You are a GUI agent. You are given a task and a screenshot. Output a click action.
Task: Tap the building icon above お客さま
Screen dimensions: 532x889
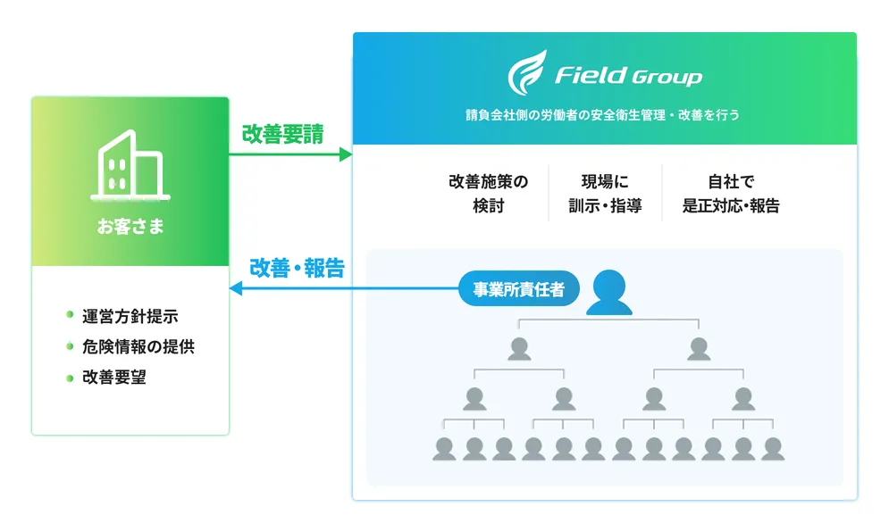tap(130, 165)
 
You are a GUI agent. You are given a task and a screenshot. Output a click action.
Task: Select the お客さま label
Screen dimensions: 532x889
tap(130, 227)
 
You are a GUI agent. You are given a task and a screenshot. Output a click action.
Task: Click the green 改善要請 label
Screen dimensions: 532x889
tap(282, 134)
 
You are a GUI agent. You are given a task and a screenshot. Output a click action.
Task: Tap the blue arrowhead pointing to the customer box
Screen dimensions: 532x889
tap(237, 288)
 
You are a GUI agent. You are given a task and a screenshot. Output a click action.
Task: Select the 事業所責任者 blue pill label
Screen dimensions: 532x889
tap(518, 289)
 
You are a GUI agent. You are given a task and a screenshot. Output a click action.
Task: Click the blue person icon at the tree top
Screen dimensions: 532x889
tap(609, 292)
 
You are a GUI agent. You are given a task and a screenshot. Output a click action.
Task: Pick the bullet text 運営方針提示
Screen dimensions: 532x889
tap(130, 317)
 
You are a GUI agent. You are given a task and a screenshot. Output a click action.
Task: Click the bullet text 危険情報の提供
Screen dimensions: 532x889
tap(138, 346)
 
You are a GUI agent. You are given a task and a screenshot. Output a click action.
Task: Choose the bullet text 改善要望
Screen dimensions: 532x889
tap(114, 377)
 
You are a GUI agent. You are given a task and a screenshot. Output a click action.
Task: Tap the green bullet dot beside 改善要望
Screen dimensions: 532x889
tap(70, 377)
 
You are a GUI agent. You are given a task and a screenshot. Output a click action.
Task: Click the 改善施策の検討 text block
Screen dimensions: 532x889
tap(488, 194)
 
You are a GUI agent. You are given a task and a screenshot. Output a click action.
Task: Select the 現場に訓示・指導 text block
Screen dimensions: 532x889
tap(605, 194)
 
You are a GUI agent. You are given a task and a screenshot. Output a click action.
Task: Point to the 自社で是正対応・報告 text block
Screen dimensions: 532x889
tap(731, 194)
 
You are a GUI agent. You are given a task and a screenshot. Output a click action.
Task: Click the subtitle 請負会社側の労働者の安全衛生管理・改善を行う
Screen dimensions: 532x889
tap(604, 115)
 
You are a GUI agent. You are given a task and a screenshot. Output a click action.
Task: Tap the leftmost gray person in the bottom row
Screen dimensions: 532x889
tap(444, 448)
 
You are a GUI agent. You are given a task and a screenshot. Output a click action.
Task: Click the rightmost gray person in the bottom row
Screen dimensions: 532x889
tap(773, 448)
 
